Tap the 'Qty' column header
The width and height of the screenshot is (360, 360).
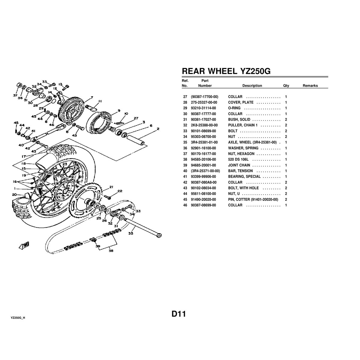[286, 85]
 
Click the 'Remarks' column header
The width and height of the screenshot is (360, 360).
[310, 85]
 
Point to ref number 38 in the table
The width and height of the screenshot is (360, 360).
[185, 159]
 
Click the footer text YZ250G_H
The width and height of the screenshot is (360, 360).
[18, 318]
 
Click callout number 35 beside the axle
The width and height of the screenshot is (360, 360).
[131, 233]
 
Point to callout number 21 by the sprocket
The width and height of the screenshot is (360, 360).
[111, 187]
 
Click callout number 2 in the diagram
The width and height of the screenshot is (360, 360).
[158, 129]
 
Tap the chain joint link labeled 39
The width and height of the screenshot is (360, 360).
[93, 240]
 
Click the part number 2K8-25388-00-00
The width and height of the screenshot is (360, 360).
[204, 125]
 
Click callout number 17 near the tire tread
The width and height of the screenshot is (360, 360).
[24, 156]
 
